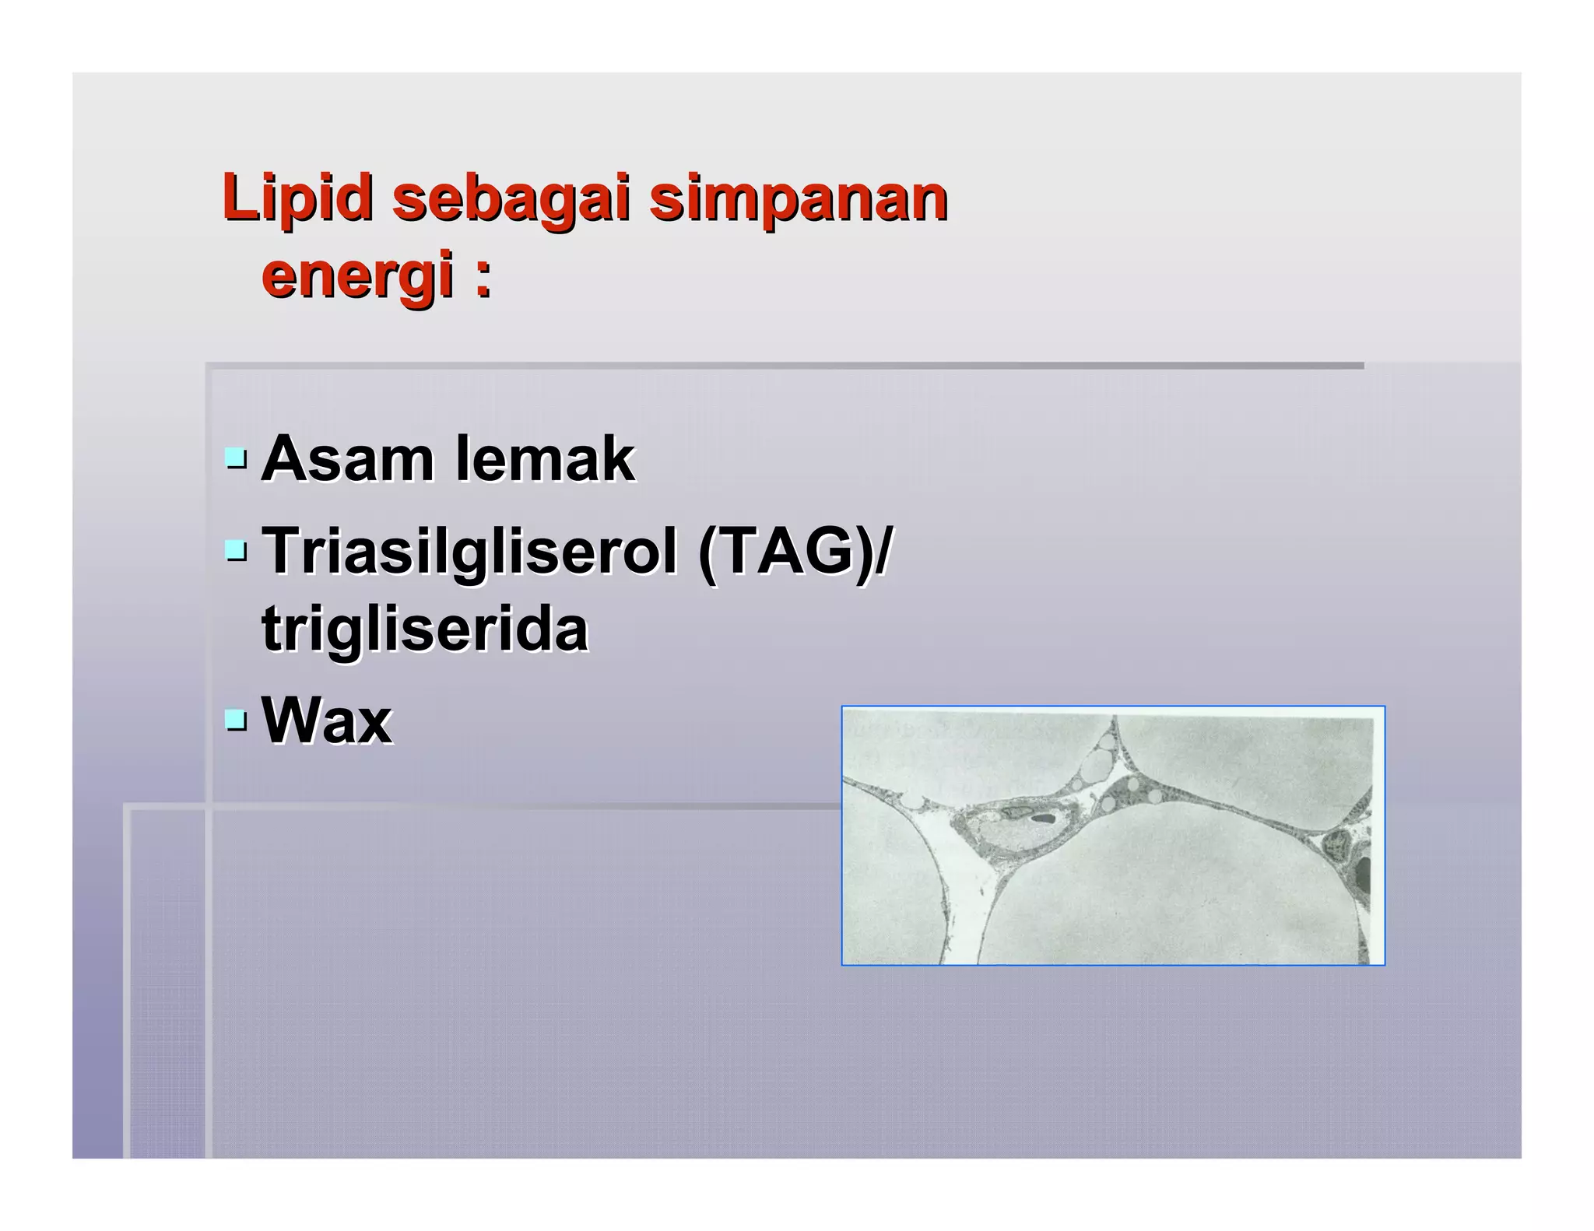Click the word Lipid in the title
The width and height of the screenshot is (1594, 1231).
tap(297, 198)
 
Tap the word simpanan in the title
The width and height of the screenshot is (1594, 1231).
tap(799, 198)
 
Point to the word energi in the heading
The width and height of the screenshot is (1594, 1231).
tap(358, 276)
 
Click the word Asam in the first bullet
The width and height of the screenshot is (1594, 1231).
tap(347, 459)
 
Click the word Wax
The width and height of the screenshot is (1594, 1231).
tap(327, 721)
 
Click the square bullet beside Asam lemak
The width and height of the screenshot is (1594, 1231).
tap(235, 459)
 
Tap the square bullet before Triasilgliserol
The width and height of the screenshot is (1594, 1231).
tap(235, 552)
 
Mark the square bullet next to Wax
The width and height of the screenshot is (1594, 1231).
tap(235, 721)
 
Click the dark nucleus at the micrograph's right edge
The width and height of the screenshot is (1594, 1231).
tap(1364, 875)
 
